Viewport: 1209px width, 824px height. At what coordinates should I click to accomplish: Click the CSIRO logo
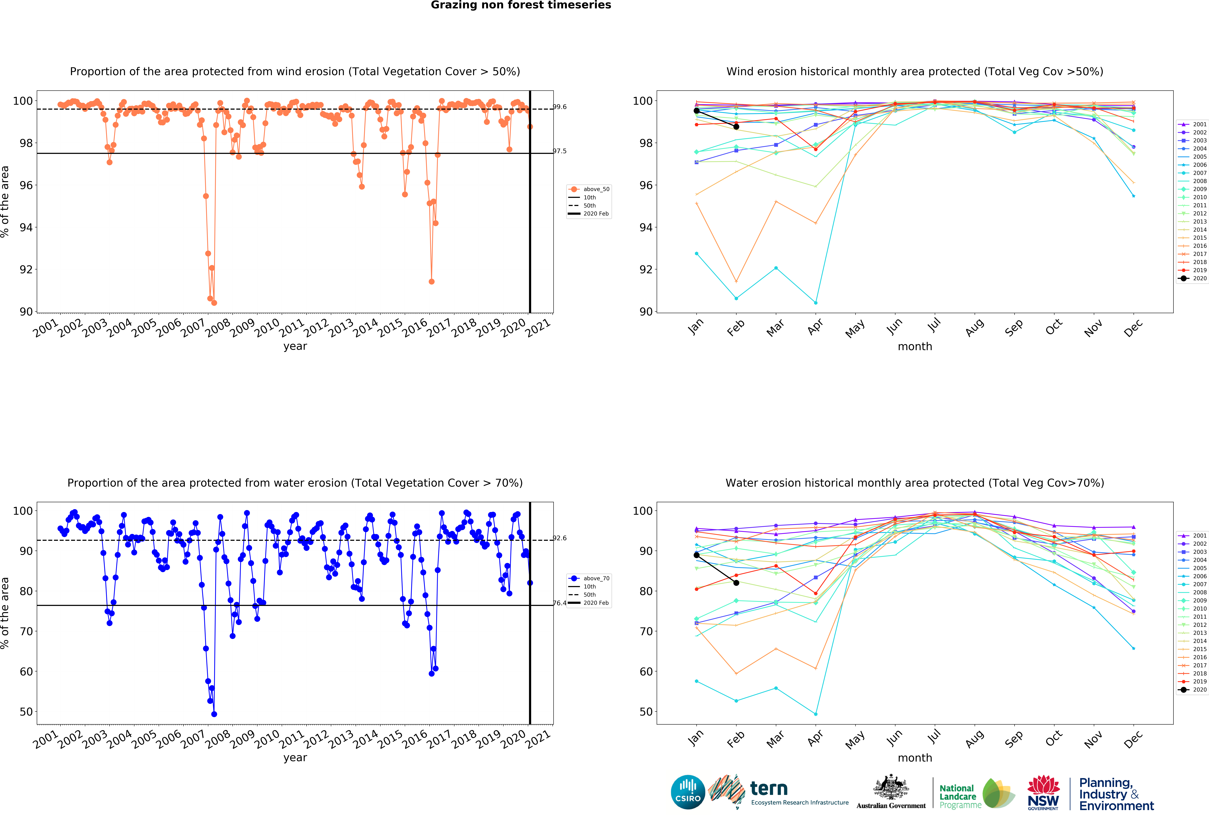(688, 792)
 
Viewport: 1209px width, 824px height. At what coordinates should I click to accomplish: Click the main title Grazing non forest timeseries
(521, 5)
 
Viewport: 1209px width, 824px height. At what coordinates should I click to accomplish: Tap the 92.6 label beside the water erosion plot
(560, 538)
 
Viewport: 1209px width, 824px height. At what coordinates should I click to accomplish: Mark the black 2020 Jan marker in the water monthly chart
(697, 555)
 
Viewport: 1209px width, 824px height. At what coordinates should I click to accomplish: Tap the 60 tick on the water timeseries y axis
(26, 672)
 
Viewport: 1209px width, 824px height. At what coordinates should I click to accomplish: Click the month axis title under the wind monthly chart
(915, 346)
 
